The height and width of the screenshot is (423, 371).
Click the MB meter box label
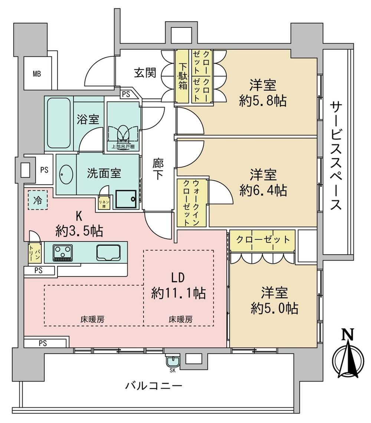[x=37, y=73]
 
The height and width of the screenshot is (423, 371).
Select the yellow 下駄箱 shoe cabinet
[x=183, y=76]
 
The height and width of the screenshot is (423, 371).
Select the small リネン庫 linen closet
[x=104, y=203]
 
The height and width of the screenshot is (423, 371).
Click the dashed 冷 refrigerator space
[x=37, y=200]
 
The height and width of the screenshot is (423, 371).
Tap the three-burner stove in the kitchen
[x=63, y=253]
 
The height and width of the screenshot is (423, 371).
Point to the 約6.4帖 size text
[x=263, y=191]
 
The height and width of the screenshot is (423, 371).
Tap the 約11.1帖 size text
[x=178, y=293]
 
